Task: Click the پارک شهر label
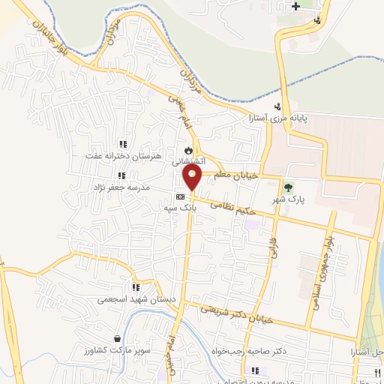(x=291, y=200)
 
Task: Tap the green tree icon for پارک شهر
(x=286, y=187)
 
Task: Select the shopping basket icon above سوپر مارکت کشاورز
(x=116, y=339)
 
